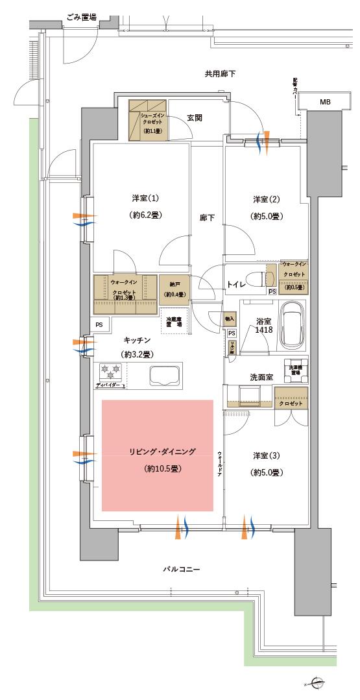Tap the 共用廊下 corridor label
(x=220, y=75)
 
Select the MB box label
(x=324, y=103)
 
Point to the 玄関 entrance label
(x=195, y=117)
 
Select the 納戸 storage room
(x=174, y=289)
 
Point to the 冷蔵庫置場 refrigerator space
(x=174, y=320)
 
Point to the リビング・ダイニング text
(x=158, y=452)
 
